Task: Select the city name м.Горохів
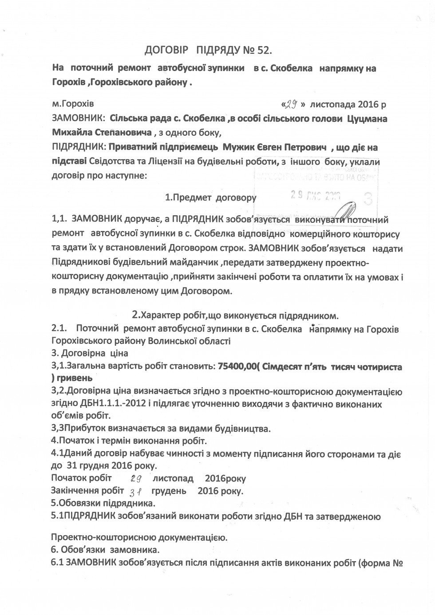tap(73, 104)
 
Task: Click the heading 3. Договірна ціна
tap(90, 353)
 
